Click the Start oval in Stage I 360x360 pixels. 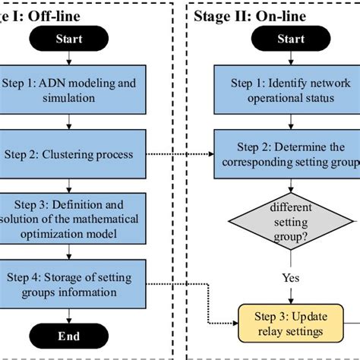pyautogui.click(x=70, y=38)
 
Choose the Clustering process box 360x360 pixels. pyautogui.click(x=70, y=155)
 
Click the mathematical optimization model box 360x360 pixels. pyautogui.click(x=70, y=218)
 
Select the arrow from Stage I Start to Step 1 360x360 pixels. pyautogui.click(x=70, y=61)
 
